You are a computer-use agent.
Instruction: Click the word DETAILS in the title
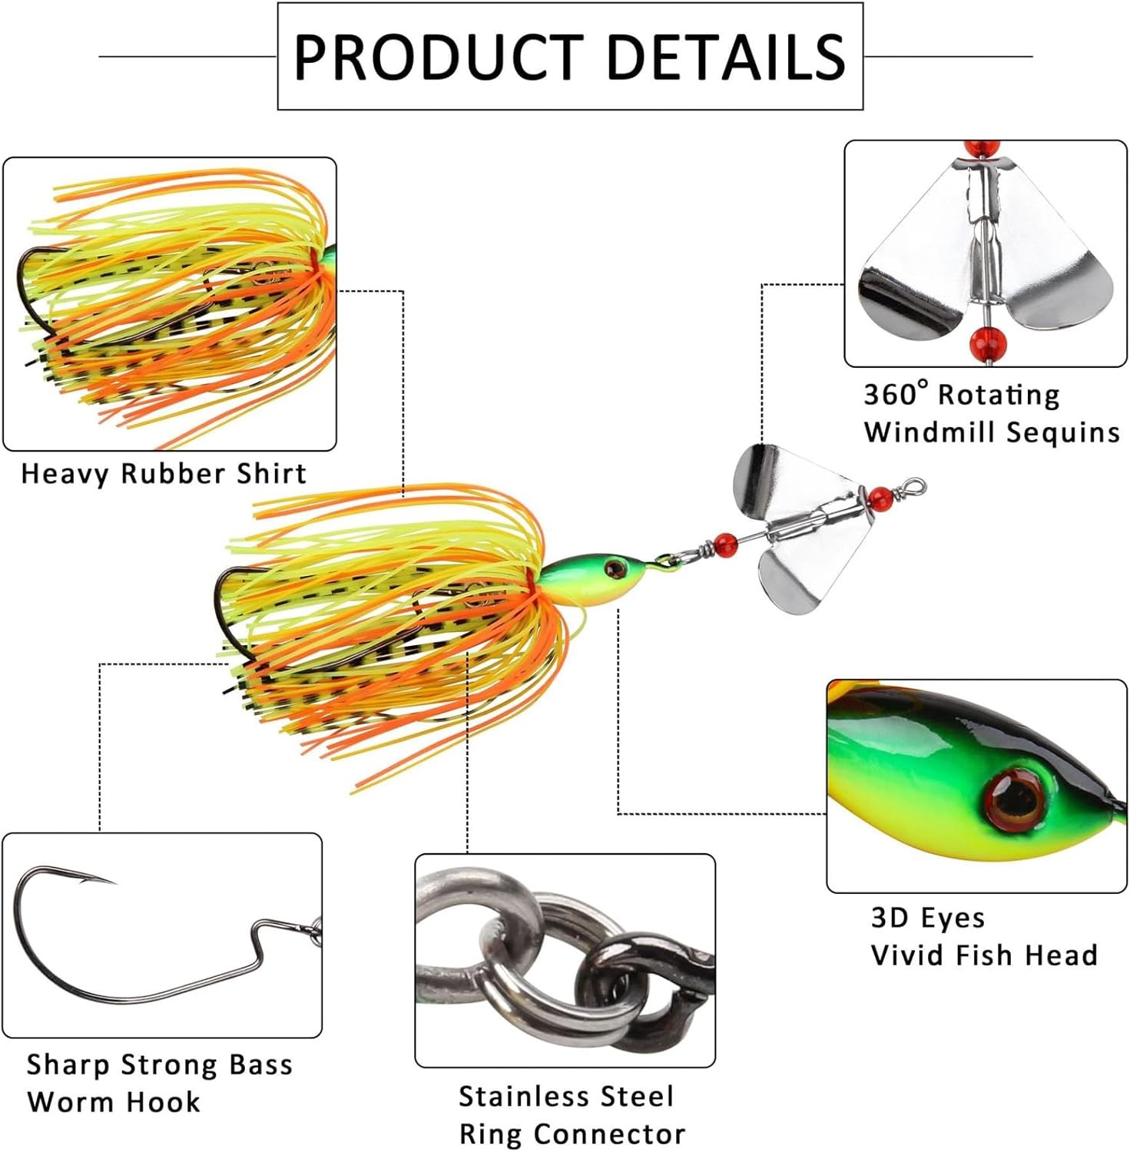click(x=726, y=57)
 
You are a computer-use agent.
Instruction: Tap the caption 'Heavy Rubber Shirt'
click(x=164, y=473)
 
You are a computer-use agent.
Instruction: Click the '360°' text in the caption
click(x=896, y=395)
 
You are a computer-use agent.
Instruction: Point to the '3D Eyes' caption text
click(x=927, y=918)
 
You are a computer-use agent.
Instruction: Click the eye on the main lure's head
click(x=614, y=568)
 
